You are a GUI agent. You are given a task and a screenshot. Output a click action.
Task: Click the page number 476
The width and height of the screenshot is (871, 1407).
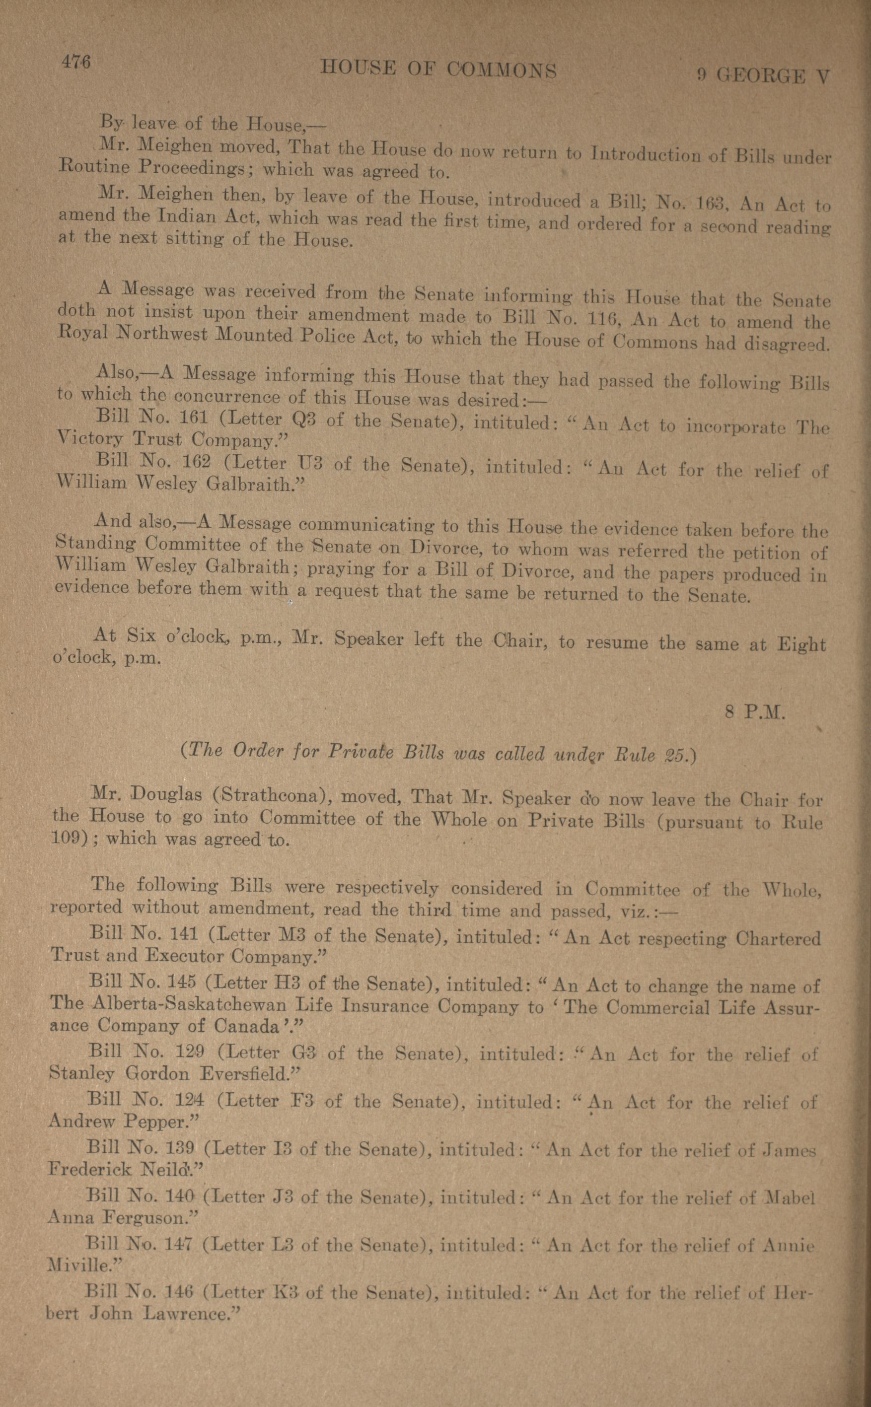pos(76,62)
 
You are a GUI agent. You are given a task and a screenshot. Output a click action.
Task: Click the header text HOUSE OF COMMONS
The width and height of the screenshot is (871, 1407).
pos(438,70)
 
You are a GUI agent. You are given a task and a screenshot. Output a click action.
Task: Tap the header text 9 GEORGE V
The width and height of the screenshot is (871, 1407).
pos(763,75)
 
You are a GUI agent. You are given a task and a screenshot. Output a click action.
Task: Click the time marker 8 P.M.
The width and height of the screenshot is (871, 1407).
pos(755,713)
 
